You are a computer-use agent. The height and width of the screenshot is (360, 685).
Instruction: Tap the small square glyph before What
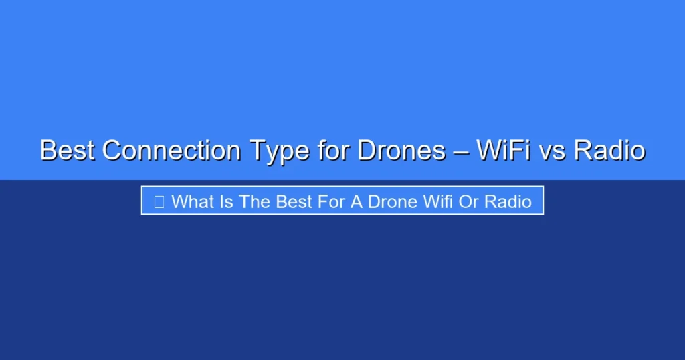[x=159, y=201]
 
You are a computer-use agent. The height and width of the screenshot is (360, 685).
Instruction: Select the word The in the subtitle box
[x=255, y=201]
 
